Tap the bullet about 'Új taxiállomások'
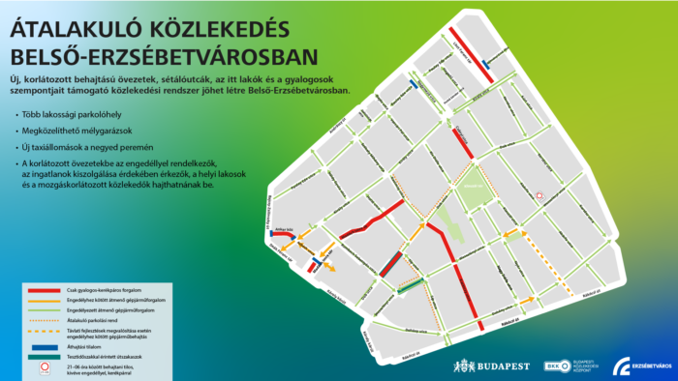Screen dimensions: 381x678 (x=81, y=147)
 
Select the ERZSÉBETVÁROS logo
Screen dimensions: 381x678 (x=640, y=366)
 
